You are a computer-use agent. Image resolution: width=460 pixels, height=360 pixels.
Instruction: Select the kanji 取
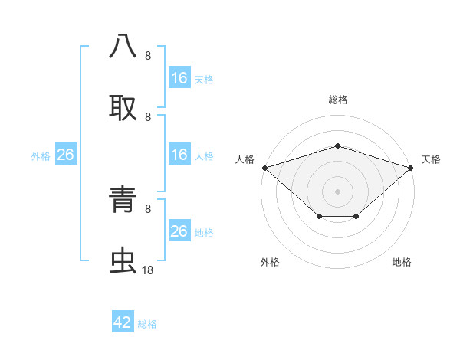coord(123,107)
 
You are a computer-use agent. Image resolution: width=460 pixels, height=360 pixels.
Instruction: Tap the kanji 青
coord(123,201)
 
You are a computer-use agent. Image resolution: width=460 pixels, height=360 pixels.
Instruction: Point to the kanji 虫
coord(123,261)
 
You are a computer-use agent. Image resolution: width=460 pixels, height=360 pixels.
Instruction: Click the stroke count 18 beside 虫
coord(148,270)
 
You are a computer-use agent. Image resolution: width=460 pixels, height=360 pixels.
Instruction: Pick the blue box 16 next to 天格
coord(179,78)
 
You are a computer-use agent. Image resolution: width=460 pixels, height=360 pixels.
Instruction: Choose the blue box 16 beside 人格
coord(179,155)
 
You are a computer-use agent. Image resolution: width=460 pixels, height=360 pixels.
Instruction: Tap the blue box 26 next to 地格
coord(179,231)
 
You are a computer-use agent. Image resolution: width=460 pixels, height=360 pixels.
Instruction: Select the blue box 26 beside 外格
coord(65,155)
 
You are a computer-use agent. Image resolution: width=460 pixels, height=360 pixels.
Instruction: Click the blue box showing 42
coord(123,322)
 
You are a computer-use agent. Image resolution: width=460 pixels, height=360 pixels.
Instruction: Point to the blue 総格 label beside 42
coord(147,324)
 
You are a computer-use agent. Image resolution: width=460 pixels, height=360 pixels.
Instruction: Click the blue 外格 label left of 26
coord(41,156)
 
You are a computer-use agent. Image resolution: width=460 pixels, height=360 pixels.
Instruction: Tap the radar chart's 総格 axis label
coord(338,100)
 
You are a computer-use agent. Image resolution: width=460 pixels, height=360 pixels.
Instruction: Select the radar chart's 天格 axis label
coord(431,159)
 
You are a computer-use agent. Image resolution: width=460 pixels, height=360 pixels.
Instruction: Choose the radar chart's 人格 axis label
coord(245,159)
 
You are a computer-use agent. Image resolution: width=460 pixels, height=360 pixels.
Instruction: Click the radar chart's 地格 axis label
coord(402,262)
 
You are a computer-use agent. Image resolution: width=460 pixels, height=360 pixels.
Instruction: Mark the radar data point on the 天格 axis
coord(411,167)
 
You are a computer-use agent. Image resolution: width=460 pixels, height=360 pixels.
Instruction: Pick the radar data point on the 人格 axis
coord(264,167)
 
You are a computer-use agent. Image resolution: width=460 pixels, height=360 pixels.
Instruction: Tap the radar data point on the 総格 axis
coord(337,146)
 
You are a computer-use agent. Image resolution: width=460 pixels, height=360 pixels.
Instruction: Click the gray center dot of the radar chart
coord(337,191)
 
